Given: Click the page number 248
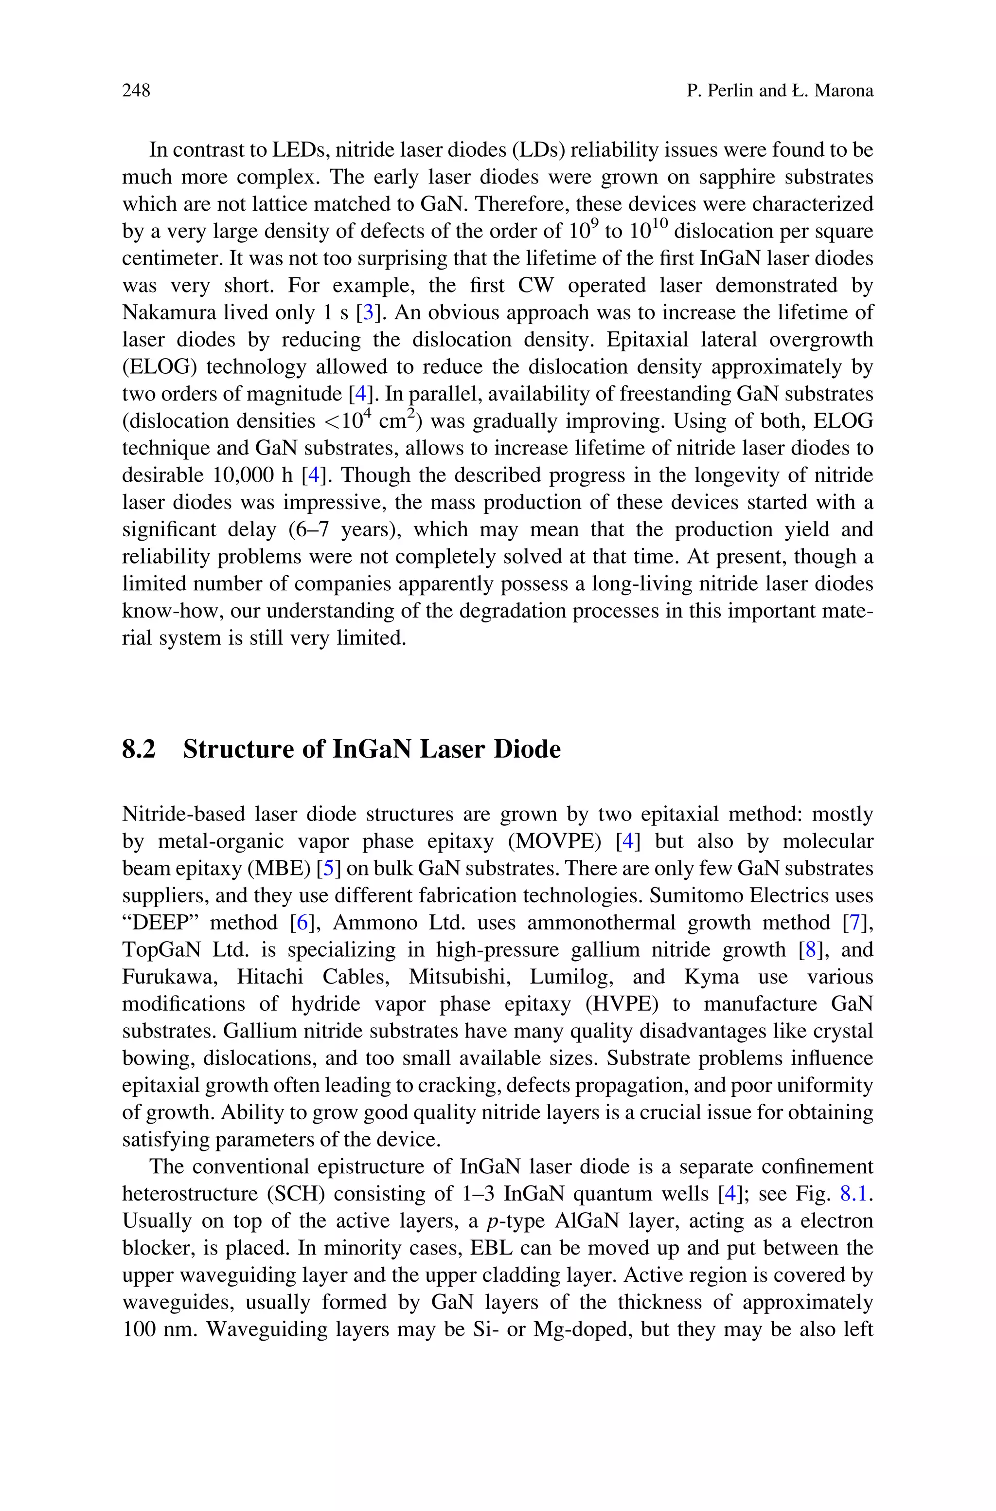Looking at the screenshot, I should click(136, 91).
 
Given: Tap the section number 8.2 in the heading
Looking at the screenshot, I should click(139, 749).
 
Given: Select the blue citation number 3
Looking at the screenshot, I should click(368, 312).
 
